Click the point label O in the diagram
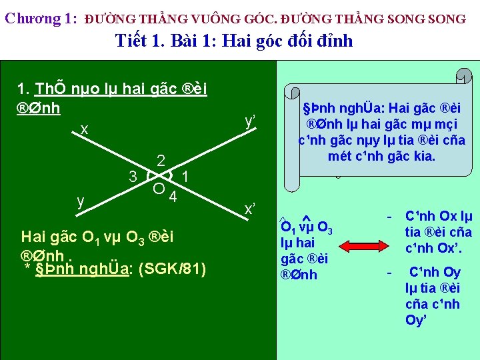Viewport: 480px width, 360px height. coord(159,188)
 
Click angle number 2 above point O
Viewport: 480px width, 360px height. coord(161,161)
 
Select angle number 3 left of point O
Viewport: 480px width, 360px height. coord(133,177)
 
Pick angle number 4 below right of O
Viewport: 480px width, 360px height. coord(173,197)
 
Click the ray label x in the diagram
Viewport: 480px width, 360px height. coord(84,129)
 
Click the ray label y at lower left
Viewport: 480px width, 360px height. coord(80,200)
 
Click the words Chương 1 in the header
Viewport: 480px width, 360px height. coord(41,19)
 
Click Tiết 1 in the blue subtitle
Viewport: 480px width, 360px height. coord(139,41)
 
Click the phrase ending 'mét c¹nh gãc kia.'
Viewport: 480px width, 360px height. coord(381,157)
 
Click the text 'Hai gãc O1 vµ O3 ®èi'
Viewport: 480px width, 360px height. coord(97,237)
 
